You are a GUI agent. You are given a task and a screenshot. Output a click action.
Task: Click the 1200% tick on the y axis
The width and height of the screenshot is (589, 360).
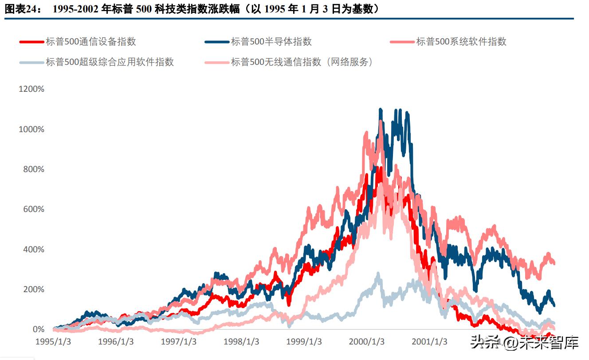click(31, 89)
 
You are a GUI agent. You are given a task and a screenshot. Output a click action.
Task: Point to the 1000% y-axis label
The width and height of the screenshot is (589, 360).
click(31, 129)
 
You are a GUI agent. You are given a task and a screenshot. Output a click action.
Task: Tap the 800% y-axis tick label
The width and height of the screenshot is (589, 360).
click(34, 169)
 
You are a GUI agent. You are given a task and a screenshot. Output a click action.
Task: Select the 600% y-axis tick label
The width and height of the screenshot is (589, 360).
click(34, 209)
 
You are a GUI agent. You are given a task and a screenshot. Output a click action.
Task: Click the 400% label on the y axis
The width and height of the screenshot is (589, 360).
click(34, 249)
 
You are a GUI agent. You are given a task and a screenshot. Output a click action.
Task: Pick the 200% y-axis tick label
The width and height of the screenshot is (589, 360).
click(34, 290)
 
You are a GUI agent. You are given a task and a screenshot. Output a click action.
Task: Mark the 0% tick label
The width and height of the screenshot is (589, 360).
click(38, 329)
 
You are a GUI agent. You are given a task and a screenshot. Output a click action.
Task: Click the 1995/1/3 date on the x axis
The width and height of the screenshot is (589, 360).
click(53, 342)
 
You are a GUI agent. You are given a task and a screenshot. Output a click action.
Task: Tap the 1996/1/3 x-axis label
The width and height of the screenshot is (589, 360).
click(116, 342)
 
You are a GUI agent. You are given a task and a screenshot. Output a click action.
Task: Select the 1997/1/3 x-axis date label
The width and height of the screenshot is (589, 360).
click(179, 342)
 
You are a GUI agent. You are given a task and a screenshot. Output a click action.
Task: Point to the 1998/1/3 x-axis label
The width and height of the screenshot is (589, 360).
click(242, 342)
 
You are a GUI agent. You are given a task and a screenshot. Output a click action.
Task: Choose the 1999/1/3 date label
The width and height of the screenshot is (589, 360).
click(304, 342)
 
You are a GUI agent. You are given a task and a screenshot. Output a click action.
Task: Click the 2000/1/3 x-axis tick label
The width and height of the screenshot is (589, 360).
click(367, 342)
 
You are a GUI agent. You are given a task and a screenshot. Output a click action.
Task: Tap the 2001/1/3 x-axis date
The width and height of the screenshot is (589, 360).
click(430, 342)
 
